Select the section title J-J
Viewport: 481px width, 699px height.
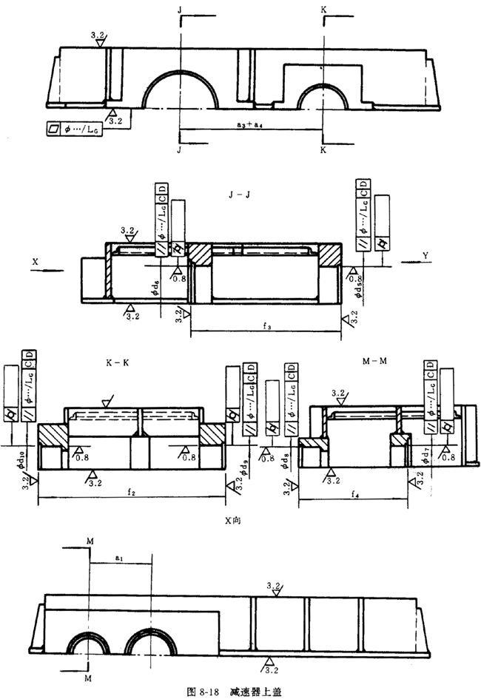(x=241, y=195)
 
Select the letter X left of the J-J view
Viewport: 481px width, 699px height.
(x=35, y=261)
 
